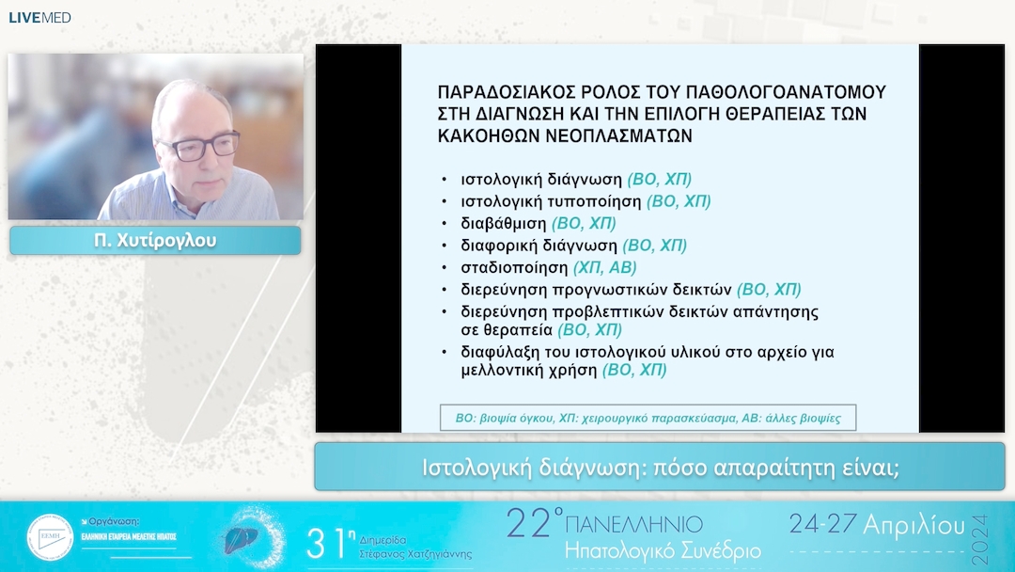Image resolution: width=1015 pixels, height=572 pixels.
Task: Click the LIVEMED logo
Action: (39, 18)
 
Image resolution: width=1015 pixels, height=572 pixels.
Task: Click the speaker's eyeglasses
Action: (199, 147)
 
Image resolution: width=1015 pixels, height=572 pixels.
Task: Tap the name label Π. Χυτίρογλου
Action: (155, 241)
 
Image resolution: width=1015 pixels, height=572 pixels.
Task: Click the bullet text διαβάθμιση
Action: (504, 224)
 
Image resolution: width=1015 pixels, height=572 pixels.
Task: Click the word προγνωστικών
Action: (621, 290)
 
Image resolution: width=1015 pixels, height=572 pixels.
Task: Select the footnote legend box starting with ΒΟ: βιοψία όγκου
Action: (648, 418)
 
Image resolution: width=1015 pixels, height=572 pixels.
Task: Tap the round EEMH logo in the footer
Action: (50, 537)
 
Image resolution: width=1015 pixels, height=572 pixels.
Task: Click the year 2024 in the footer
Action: (980, 539)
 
